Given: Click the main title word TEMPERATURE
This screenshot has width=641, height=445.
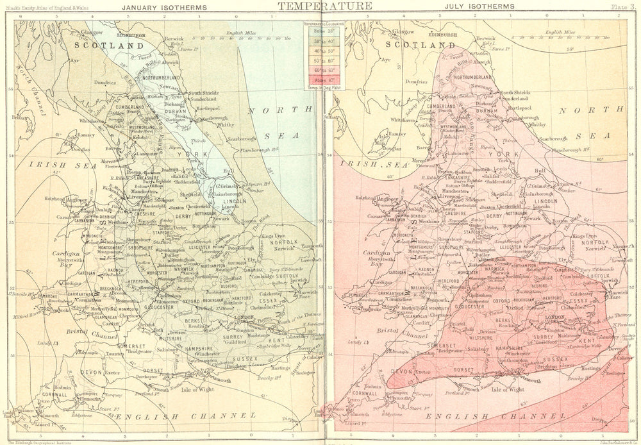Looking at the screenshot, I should pos(324,6).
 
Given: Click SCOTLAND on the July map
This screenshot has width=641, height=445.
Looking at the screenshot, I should pos(420,46).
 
